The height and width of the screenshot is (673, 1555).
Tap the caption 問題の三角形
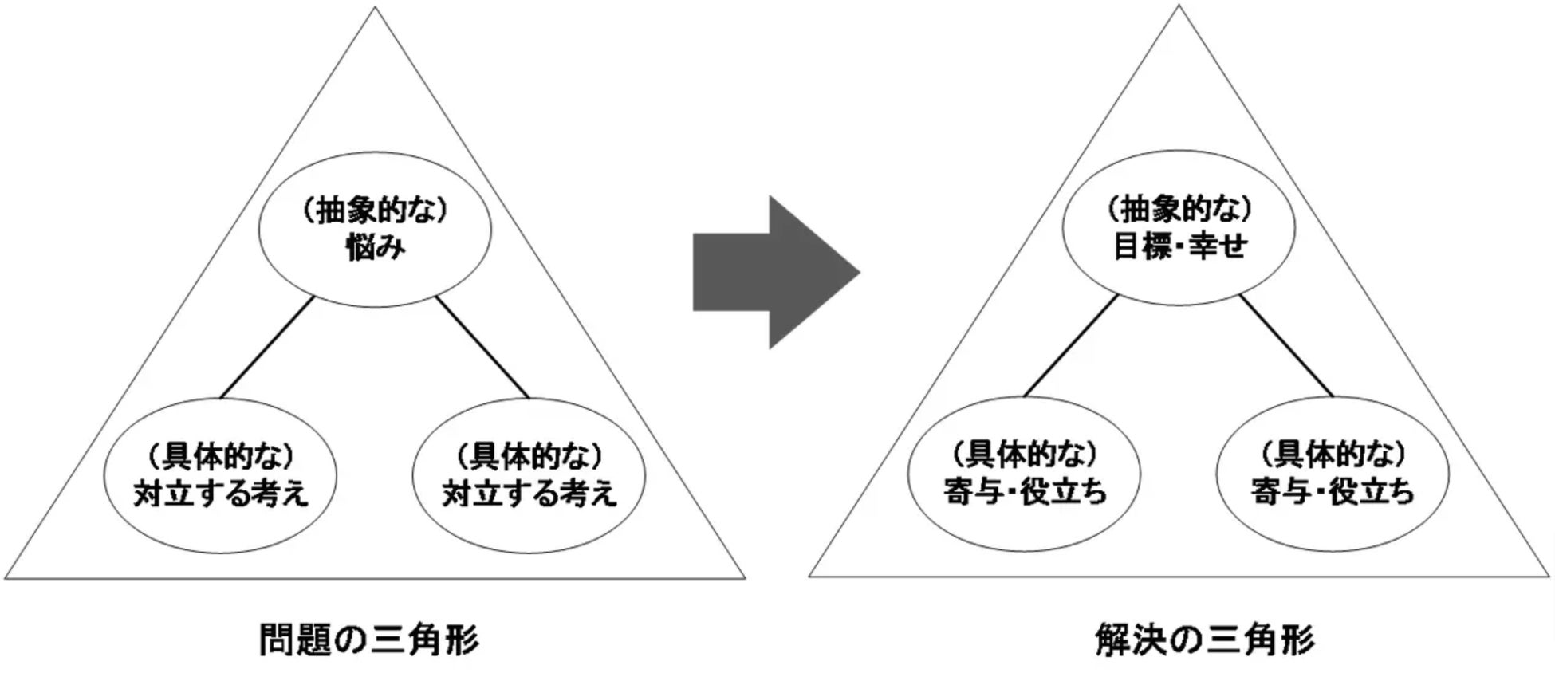coord(369,640)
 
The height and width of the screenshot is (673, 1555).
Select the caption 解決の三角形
coord(1205,640)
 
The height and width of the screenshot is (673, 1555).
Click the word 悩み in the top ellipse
coord(375,248)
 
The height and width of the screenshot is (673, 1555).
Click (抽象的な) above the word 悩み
coord(375,211)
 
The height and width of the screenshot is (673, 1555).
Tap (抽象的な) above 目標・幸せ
coord(1179,209)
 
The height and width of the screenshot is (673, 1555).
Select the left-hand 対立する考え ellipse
coord(221,476)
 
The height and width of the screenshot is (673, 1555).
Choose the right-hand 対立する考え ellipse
coord(529,476)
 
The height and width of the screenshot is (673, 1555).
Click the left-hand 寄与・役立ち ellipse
coord(1025,474)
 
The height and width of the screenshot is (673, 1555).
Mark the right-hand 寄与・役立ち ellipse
coord(1333,474)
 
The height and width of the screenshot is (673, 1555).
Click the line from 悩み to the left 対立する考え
coord(267,348)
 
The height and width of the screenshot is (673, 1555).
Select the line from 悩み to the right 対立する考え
coord(482,348)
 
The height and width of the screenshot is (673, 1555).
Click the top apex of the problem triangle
coord(375,10)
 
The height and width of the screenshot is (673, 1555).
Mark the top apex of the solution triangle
coord(1179,8)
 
